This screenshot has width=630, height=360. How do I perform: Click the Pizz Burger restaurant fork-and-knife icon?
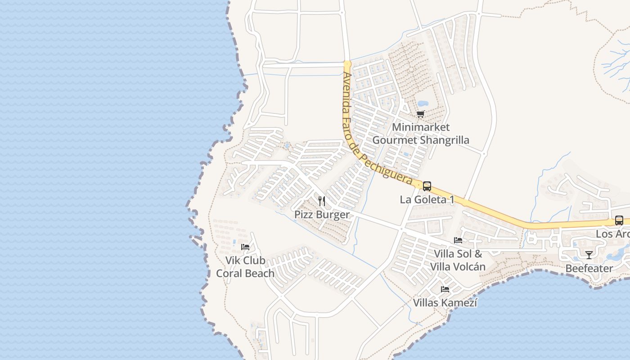click(x=321, y=201)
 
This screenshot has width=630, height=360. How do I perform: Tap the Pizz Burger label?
click(x=322, y=214)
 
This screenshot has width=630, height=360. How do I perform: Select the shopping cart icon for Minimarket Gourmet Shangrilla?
click(x=420, y=114)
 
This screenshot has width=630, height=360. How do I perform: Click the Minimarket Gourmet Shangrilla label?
click(x=421, y=134)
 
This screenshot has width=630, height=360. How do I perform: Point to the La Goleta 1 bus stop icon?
click(x=427, y=186)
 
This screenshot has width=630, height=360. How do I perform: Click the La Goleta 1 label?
click(x=427, y=199)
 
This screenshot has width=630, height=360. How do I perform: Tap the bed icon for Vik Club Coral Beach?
click(x=245, y=247)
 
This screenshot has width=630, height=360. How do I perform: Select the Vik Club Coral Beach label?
click(x=245, y=267)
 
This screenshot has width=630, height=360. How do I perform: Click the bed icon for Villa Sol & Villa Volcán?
click(x=458, y=240)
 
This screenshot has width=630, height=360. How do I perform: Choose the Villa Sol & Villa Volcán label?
click(x=458, y=260)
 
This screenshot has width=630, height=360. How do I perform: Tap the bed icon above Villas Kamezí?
click(x=445, y=289)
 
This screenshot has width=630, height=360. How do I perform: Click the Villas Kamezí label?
click(x=445, y=303)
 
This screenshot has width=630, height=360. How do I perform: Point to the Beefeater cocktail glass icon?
click(x=589, y=255)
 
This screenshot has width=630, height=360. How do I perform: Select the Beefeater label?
click(x=589, y=269)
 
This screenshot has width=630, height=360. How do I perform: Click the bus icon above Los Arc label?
click(x=619, y=220)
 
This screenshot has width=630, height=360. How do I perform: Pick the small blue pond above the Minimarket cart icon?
click(x=423, y=103)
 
